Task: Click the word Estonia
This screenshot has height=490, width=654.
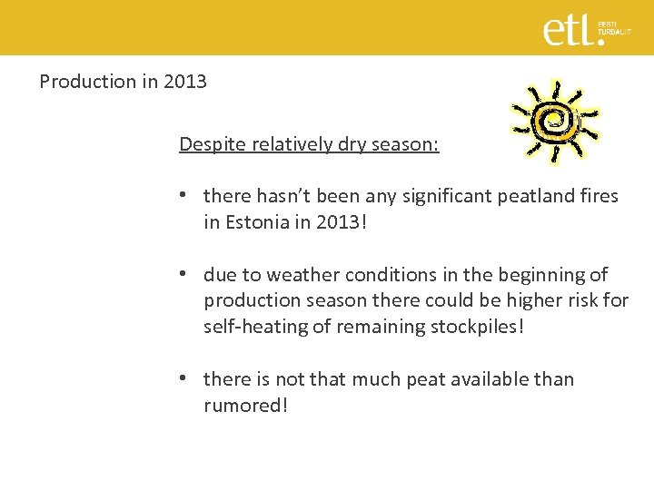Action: coord(261,222)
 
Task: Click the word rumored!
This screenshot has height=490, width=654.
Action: coord(246,406)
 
